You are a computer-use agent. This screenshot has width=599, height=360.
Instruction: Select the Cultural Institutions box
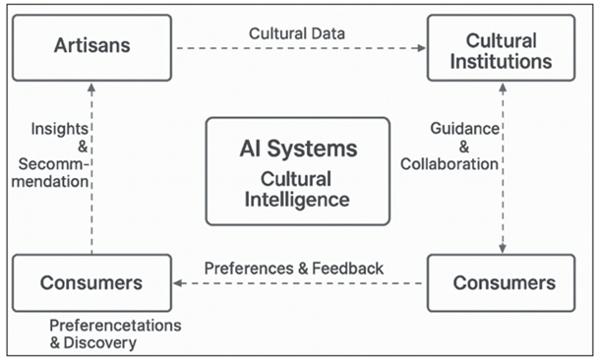click(501, 51)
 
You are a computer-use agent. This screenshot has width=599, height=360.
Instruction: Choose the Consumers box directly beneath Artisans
click(91, 283)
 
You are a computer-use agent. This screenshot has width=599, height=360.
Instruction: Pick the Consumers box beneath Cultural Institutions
click(501, 283)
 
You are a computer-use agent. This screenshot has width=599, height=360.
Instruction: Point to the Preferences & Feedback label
click(294, 268)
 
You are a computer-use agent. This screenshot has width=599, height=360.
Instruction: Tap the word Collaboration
click(450, 164)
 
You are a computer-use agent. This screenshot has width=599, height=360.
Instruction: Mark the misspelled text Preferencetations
click(116, 325)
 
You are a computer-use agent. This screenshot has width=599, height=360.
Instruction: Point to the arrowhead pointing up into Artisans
click(91, 87)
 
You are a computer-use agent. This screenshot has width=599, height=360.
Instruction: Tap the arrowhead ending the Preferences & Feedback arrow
click(178, 283)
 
